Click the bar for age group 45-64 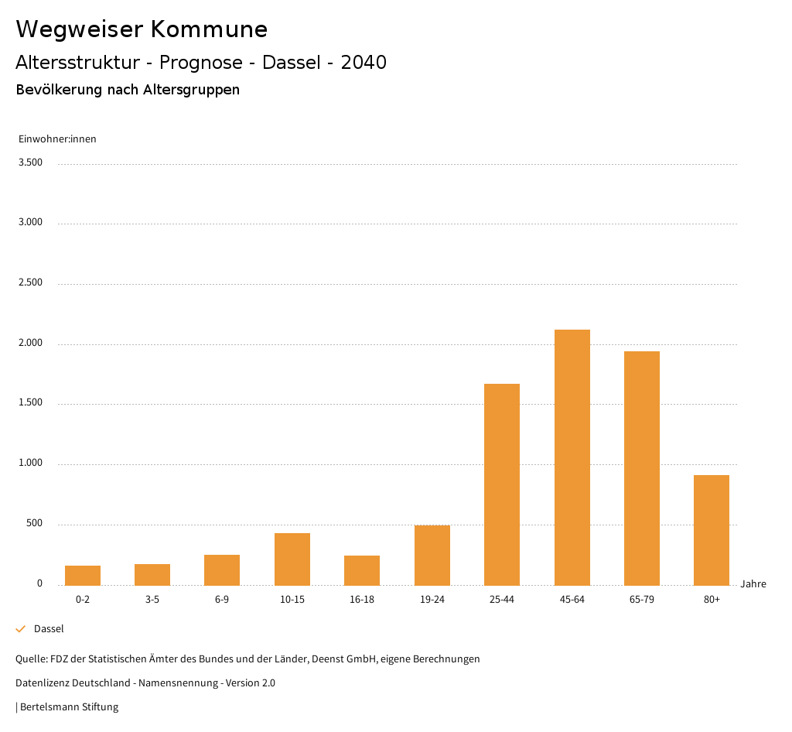pos(572,457)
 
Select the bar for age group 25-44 pos(502,484)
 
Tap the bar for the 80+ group pos(712,530)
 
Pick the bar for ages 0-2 pos(83,575)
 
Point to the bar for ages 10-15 pos(292,559)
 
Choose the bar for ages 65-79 pos(642,468)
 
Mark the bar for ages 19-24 pos(432,555)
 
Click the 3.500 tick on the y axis pos(30,162)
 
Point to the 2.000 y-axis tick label pos(30,343)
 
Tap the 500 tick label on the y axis pos(34,524)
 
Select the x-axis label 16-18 pos(362,600)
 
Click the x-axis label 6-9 pos(222,600)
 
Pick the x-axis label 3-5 pos(152,600)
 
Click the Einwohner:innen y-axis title pos(57,139)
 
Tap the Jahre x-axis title pos(753,584)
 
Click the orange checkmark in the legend pos(21,629)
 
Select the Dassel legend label pos(49,629)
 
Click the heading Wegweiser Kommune pos(142,29)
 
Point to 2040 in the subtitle pos(364,63)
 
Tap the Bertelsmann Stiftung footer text pos(69,706)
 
